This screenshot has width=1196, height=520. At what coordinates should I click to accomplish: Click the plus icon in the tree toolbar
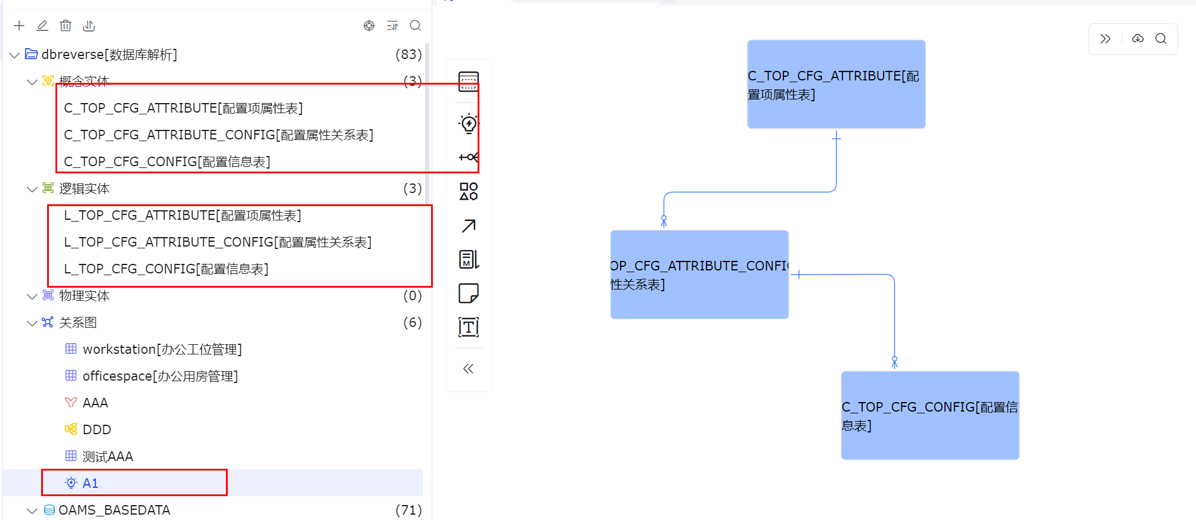(19, 26)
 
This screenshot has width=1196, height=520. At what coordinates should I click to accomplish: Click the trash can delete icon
(66, 26)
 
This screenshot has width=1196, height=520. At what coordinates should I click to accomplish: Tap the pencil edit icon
(42, 26)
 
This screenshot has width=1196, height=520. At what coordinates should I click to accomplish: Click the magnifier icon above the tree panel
(416, 26)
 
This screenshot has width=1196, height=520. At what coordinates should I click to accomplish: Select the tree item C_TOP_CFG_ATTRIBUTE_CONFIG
(219, 135)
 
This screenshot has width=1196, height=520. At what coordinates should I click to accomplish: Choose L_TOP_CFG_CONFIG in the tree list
(166, 269)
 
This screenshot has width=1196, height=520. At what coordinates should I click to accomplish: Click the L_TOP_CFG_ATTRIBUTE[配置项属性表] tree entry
(182, 216)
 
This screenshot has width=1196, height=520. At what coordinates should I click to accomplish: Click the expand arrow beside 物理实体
(32, 296)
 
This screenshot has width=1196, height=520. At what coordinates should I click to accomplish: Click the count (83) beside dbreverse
(408, 55)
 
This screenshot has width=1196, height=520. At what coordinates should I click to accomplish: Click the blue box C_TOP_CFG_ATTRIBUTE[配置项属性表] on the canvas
(836, 85)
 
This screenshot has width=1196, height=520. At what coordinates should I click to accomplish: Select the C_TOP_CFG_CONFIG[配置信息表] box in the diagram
(930, 416)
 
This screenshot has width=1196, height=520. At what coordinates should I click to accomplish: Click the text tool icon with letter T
(469, 327)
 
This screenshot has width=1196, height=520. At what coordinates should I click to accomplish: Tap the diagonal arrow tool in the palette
(469, 226)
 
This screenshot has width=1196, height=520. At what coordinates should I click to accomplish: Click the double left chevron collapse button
(469, 369)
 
